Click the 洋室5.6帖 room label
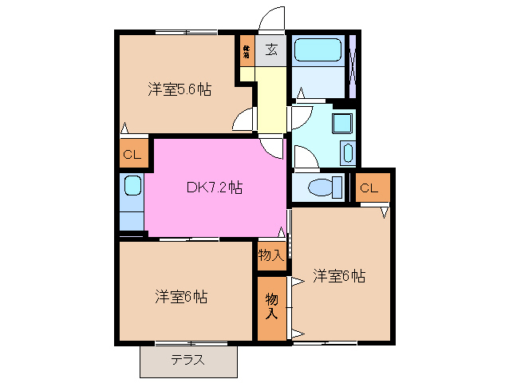pos(179,90)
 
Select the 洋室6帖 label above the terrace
pos(181,297)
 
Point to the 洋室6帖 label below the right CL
pos(339,276)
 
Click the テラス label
pos(187,360)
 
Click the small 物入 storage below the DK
pos(270,255)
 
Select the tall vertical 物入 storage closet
pos(271,307)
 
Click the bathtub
pos(318,52)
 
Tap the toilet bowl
pos(326,188)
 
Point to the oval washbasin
pos(347,152)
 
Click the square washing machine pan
pos(342,124)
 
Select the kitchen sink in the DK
pos(132,188)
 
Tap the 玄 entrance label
pos(271,50)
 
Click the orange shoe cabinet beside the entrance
pos(247,52)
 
